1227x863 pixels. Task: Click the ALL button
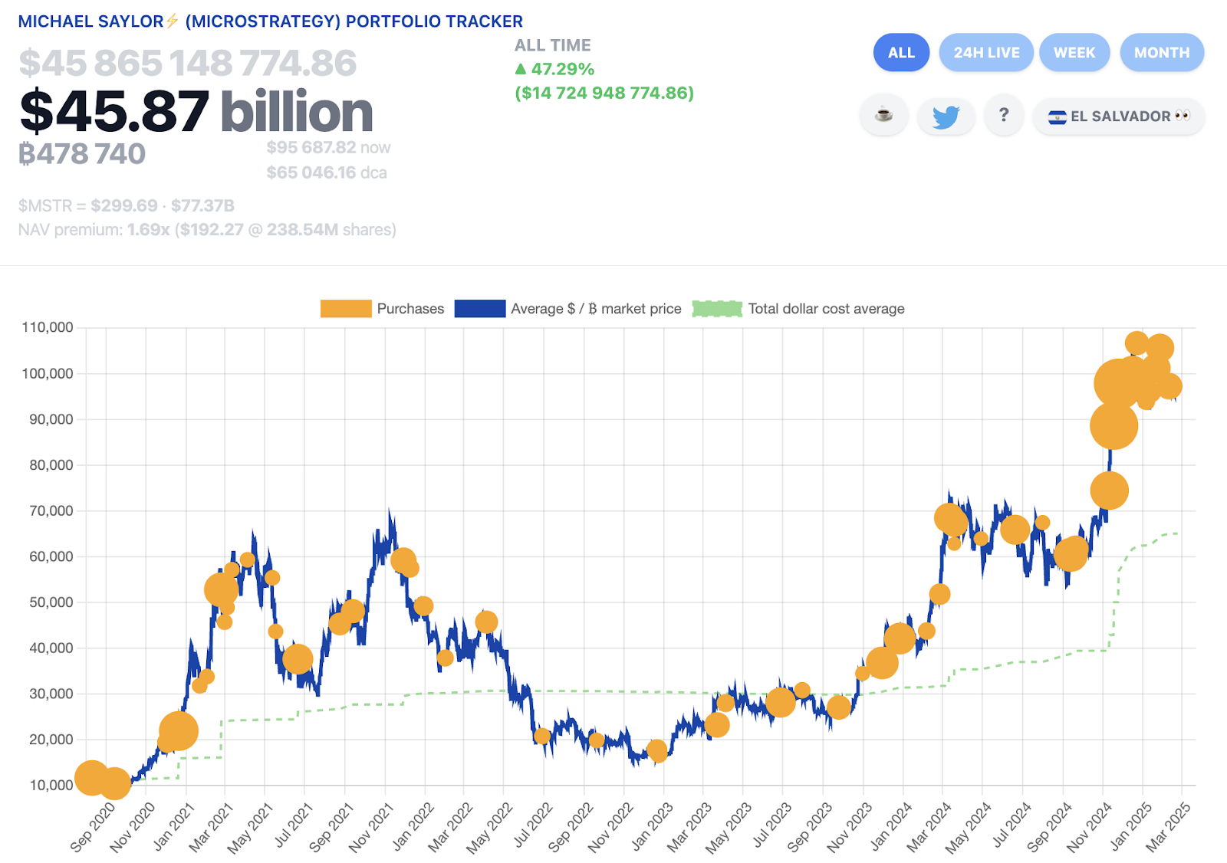(901, 53)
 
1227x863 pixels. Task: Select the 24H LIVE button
(986, 53)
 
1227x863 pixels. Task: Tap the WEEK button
(1074, 53)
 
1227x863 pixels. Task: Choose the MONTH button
(1162, 53)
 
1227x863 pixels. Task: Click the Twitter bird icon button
(946, 116)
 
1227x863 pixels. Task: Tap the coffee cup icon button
(884, 116)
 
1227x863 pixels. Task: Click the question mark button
(1003, 116)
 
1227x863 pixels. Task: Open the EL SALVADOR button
(1118, 116)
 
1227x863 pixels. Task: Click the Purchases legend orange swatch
(346, 309)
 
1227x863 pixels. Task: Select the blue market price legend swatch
(479, 309)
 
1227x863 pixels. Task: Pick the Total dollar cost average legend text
(826, 309)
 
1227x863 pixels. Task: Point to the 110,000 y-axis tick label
(48, 327)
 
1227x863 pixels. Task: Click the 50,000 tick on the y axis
(51, 602)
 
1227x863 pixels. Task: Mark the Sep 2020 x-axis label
(93, 826)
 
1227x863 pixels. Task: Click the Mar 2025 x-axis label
(1168, 826)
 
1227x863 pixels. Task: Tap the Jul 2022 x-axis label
(532, 825)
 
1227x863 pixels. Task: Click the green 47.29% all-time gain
(562, 70)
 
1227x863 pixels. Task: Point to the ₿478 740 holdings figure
(82, 154)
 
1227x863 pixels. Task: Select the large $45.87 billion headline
(196, 112)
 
